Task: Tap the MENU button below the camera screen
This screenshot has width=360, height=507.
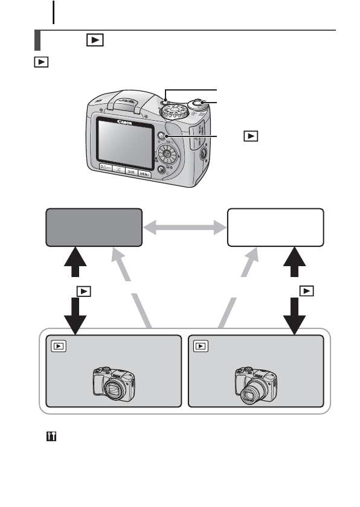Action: pos(145,174)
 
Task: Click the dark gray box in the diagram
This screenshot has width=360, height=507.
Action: pos(94,228)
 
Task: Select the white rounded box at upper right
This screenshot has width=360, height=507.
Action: pos(275,228)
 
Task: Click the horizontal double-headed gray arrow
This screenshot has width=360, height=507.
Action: pos(184,228)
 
